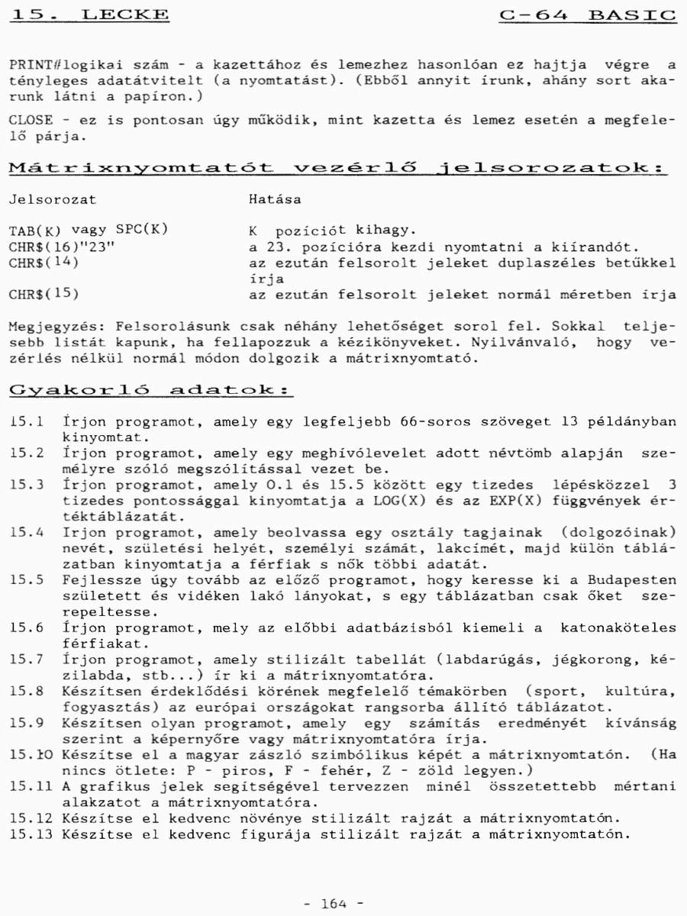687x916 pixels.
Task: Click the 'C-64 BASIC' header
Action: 588,14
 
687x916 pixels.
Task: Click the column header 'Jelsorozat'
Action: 53,199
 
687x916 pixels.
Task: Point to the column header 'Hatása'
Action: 275,199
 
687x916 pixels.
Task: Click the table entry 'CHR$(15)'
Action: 44,294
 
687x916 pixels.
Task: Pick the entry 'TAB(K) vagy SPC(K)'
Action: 89,231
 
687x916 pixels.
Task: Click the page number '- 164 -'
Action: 334,904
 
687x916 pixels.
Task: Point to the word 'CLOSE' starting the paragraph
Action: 27,121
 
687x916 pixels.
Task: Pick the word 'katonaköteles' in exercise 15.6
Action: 618,627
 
